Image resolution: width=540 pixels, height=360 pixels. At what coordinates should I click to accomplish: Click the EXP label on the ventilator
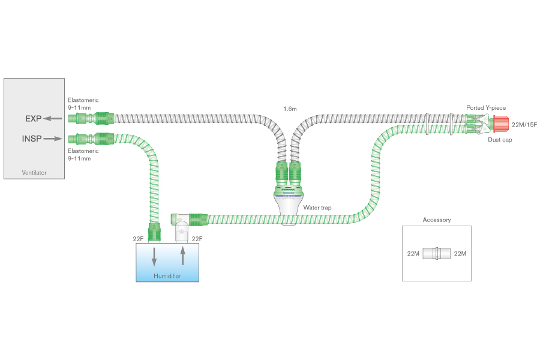tap(33, 119)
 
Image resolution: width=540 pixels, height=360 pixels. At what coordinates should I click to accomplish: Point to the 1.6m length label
tap(290, 109)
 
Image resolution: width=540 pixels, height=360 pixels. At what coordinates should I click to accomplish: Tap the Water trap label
tap(318, 208)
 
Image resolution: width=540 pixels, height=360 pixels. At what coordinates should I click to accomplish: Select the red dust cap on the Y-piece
tap(499, 125)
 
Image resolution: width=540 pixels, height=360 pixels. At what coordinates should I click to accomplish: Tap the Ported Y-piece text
tap(486, 108)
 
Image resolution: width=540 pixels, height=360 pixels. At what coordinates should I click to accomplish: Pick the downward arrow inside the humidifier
tap(155, 256)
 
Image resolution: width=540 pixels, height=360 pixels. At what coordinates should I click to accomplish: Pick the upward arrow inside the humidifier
tap(182, 256)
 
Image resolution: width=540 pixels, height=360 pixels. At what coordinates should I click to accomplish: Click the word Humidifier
tap(167, 276)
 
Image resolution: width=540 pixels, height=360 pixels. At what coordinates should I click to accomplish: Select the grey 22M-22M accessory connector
tap(437, 253)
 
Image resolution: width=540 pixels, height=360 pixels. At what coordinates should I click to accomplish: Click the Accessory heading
tap(436, 220)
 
